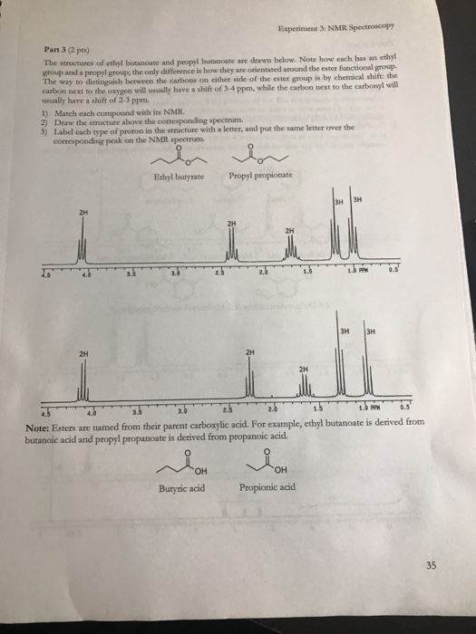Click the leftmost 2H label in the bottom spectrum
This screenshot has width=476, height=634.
pyautogui.click(x=83, y=354)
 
